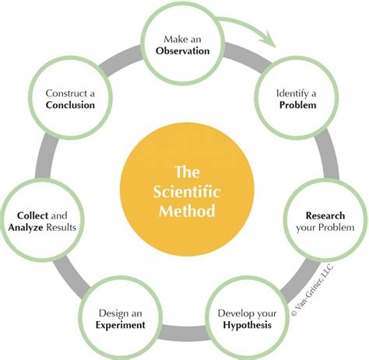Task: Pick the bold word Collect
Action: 30,215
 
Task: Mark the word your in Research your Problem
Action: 307,229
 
